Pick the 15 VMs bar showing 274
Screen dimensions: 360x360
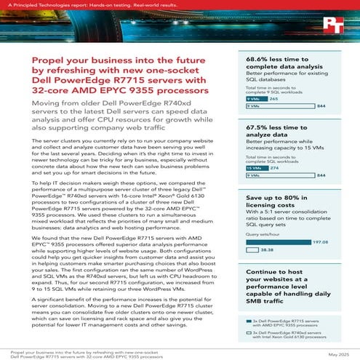(x=257, y=167)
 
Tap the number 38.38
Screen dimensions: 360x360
(x=268, y=248)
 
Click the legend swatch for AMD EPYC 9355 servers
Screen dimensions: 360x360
(x=251, y=319)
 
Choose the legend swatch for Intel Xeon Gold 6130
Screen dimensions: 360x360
(x=251, y=335)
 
